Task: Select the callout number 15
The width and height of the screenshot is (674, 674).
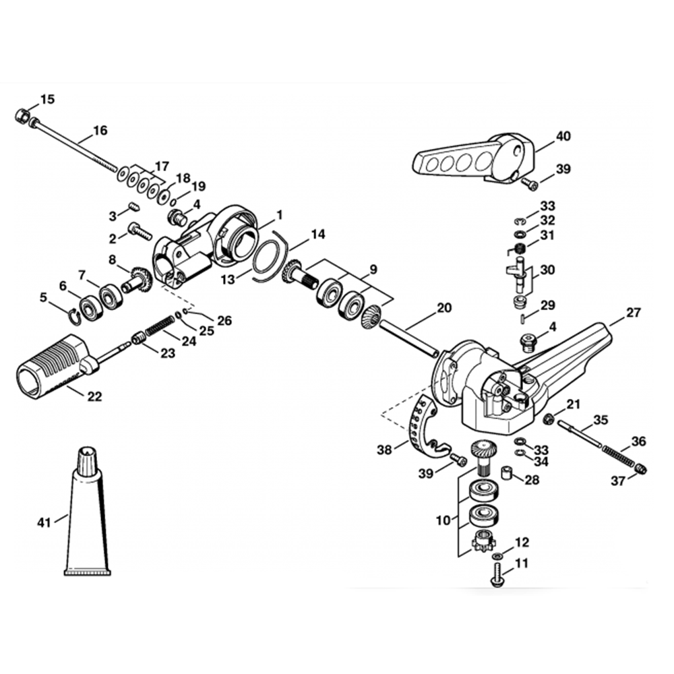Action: [x=47, y=100]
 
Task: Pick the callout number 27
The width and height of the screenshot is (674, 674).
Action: [x=634, y=313]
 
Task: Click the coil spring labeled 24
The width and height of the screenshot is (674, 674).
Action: [x=160, y=326]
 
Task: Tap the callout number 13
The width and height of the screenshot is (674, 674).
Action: [x=230, y=278]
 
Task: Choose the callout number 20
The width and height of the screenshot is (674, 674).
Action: [x=444, y=308]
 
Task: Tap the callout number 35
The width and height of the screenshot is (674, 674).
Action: [x=601, y=421]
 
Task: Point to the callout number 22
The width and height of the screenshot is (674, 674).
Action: [x=94, y=397]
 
